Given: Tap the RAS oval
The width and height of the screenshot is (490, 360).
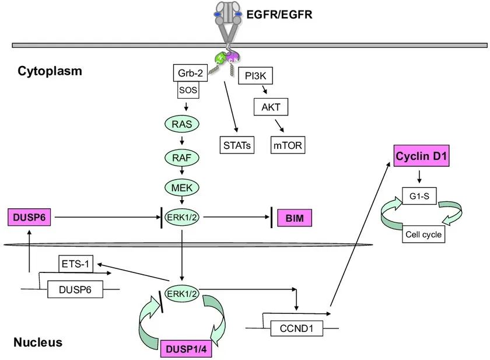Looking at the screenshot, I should pos(182,124).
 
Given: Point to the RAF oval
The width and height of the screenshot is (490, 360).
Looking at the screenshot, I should pos(182,157).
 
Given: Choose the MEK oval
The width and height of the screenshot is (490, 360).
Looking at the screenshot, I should pos(182,187).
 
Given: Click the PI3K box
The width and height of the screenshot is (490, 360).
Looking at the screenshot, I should pos(256,75).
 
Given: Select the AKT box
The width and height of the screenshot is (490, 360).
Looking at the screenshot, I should pos(271,107).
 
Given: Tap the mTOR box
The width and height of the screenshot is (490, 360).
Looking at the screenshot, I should pos(288,144).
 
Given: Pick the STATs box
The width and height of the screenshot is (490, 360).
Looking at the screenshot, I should pos(237,144).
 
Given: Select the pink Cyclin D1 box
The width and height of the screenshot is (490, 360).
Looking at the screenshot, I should pos(421,156).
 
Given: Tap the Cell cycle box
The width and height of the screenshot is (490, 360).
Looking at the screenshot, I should pos(424,235).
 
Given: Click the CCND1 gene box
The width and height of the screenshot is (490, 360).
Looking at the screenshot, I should pos(296,329).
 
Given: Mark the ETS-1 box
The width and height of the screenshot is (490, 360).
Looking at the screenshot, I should pos(76,264).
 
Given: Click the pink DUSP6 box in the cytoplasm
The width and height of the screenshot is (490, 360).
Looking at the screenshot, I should pos(26,218).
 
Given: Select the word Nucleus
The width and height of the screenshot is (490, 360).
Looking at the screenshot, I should pos(38,342).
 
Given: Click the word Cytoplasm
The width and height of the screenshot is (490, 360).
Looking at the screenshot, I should pos(50,71).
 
